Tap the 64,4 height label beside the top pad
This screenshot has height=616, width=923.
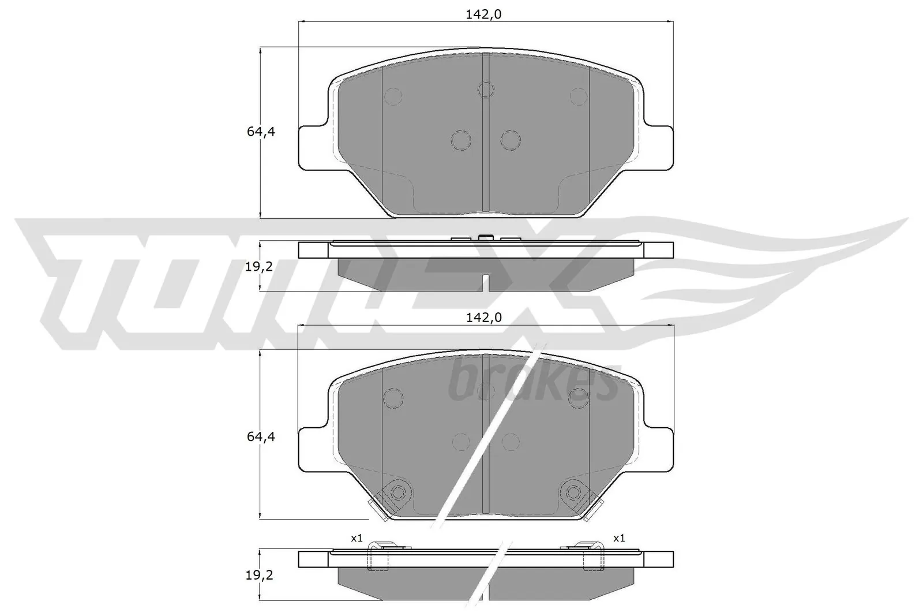click(261, 132)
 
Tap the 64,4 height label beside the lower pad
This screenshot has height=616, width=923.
click(261, 437)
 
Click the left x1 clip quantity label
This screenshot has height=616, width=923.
click(357, 538)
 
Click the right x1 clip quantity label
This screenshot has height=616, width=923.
click(619, 538)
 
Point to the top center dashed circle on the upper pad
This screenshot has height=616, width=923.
click(486, 89)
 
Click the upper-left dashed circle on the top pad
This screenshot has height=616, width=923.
click(393, 96)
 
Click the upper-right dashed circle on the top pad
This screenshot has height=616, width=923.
click(578, 96)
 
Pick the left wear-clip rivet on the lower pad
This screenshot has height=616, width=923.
click(397, 492)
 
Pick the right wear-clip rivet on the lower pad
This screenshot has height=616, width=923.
click(573, 492)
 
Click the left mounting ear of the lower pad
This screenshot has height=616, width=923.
click(314, 449)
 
